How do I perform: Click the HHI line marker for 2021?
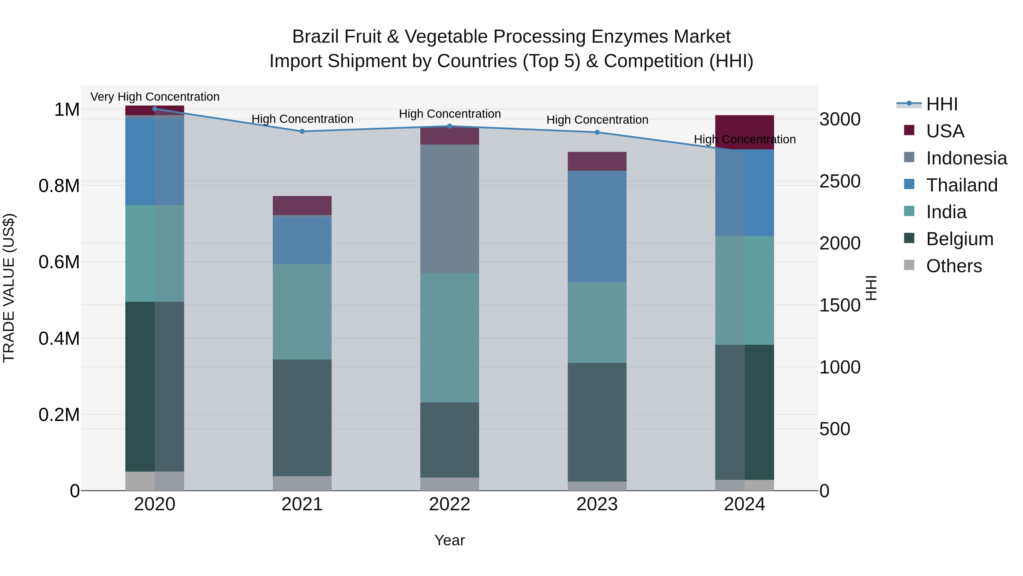302,131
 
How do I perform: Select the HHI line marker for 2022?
450,126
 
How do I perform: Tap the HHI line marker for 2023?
597,132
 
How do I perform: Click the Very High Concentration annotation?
155,97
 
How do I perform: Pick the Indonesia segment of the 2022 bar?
450,209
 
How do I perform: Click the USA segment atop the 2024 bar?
744,132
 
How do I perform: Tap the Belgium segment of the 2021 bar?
302,417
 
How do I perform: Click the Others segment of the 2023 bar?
597,486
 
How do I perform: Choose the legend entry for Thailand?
961,185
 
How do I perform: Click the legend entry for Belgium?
959,239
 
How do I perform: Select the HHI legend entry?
941,104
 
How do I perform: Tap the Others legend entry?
953,266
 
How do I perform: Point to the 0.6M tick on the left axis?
59,262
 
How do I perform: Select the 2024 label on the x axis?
744,504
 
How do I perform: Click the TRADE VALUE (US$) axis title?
9,288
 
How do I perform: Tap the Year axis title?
450,540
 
